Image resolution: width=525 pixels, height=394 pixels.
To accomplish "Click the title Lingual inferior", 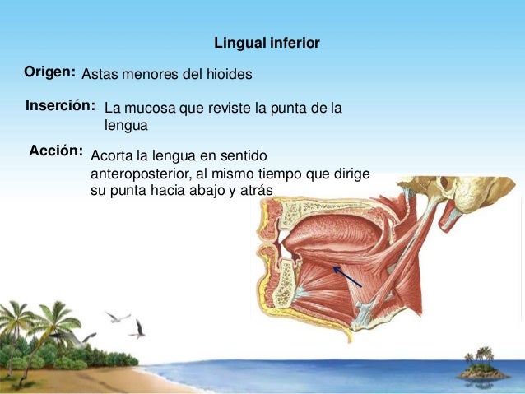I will tap(267, 42).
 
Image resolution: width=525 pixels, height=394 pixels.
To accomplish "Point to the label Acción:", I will tap(56, 151).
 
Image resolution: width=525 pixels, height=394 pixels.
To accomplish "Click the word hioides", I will tap(229, 75).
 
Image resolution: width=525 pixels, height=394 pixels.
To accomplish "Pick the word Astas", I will tap(99, 75).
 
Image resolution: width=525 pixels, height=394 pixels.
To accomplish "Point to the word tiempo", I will tap(279, 174).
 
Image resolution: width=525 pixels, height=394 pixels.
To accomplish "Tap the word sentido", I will tap(246, 155).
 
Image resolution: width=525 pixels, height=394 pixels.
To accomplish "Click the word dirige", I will tap(351, 174).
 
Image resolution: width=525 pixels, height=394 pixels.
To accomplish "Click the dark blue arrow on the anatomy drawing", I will tap(346, 276).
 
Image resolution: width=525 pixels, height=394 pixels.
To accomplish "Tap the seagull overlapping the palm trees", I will tap(80, 336).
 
